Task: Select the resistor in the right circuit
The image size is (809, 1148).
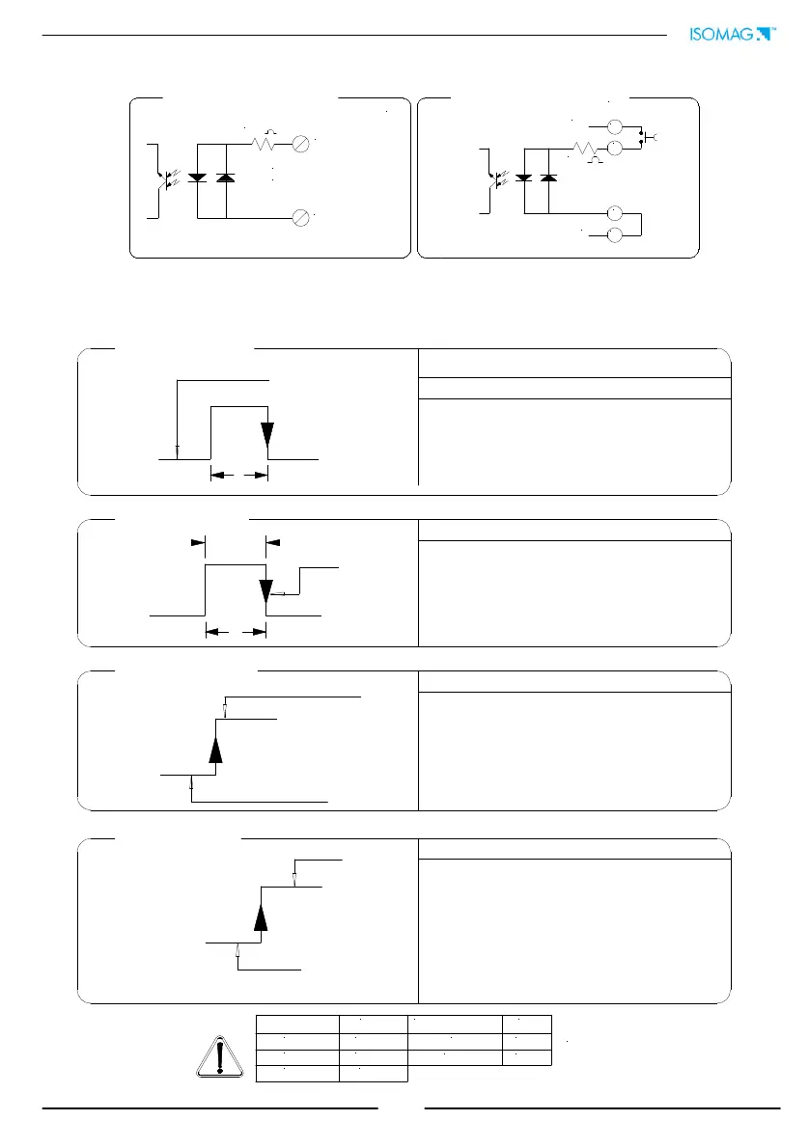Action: tap(583, 150)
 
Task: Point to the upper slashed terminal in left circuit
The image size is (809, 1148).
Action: tap(301, 144)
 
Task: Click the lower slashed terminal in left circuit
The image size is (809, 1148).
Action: tap(301, 219)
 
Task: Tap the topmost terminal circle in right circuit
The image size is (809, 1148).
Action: tap(613, 126)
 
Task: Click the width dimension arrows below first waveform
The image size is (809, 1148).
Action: tap(238, 475)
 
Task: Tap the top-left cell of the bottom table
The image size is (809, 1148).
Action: tap(297, 1024)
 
